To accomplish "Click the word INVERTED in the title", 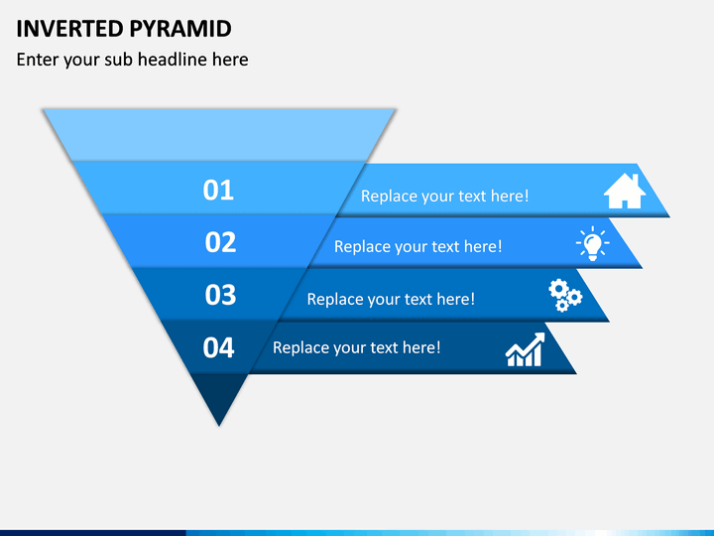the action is click(x=69, y=29).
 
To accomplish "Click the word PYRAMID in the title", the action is click(x=180, y=29).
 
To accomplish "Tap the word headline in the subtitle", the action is click(x=173, y=60).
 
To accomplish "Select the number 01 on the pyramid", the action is click(x=218, y=190).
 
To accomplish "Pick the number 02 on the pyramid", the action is click(x=220, y=242).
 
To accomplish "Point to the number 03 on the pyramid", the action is click(x=220, y=295).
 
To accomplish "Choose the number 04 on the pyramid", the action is click(x=218, y=347).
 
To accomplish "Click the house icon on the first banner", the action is click(x=625, y=192).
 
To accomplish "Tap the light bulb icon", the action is click(x=592, y=243).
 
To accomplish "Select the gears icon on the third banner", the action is click(x=565, y=296).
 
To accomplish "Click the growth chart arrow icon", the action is click(x=526, y=349).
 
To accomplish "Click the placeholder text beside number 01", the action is click(x=445, y=197).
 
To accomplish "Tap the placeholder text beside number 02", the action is click(x=418, y=247).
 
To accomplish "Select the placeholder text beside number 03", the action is click(x=391, y=300).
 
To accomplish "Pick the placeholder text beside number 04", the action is click(x=357, y=347).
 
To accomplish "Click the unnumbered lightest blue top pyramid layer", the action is click(x=219, y=135).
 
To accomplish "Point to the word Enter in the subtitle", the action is click(x=38, y=60).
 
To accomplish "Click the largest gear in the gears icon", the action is click(x=557, y=289).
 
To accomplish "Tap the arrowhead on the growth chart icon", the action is click(x=539, y=338).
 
